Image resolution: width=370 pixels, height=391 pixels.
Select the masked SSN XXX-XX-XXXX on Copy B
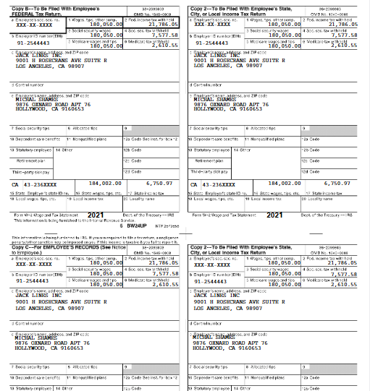tap(30, 24)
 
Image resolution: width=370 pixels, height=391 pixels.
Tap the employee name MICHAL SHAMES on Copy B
tap(34, 99)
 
